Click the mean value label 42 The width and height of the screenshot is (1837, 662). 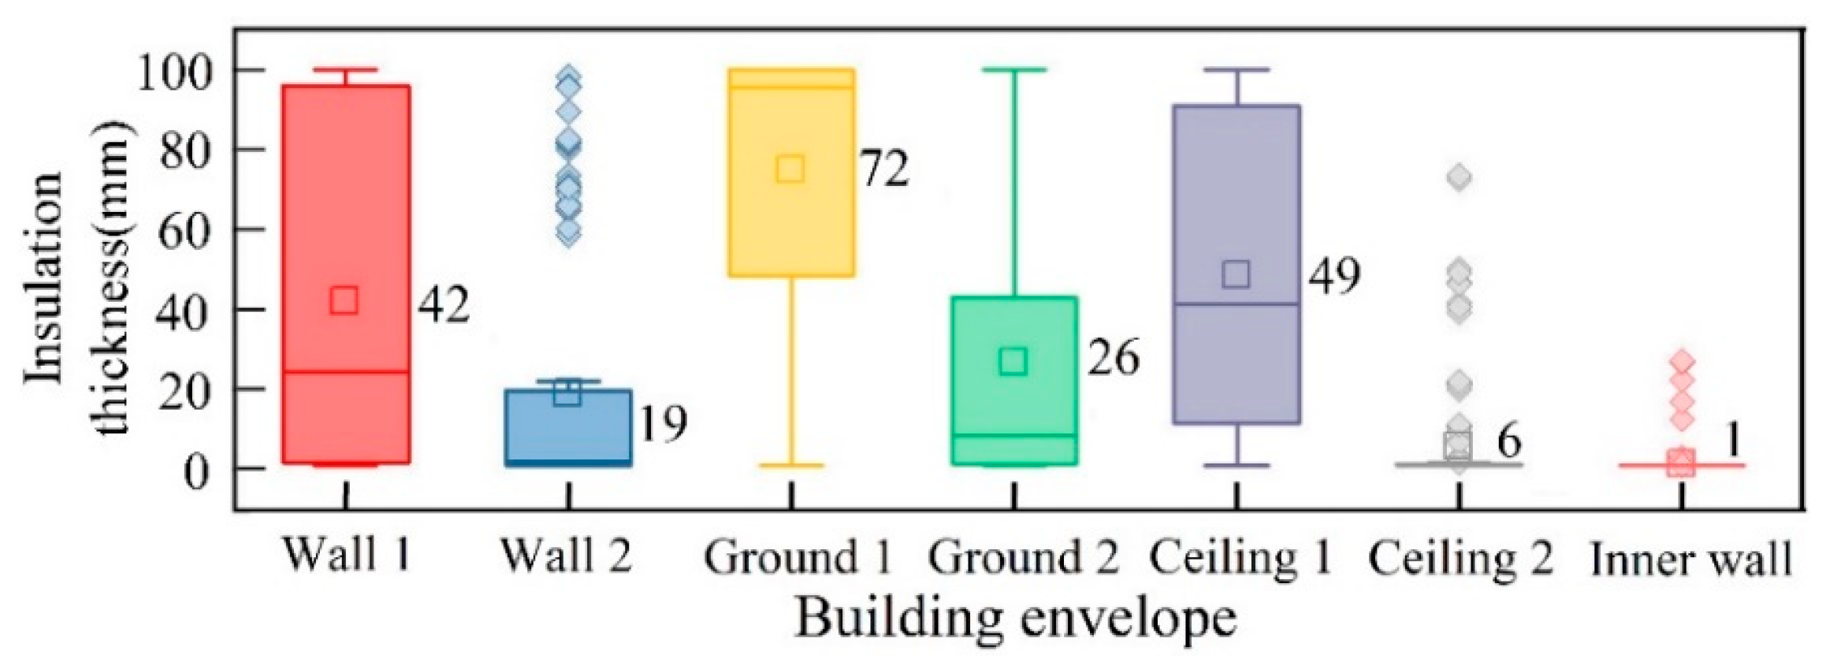pyautogui.click(x=444, y=304)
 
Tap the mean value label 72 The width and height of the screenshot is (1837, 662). pyautogui.click(x=884, y=169)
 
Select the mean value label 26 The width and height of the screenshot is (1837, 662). pyautogui.click(x=1113, y=359)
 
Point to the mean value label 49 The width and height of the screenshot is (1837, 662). pyautogui.click(x=1334, y=276)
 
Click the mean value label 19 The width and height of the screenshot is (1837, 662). pyautogui.click(x=662, y=424)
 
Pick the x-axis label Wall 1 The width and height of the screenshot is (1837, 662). pyautogui.click(x=346, y=555)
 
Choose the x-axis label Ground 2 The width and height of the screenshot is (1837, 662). pyautogui.click(x=1022, y=558)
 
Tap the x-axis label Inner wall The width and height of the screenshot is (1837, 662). pyautogui.click(x=1691, y=560)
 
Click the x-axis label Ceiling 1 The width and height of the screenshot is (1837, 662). pyautogui.click(x=1240, y=558)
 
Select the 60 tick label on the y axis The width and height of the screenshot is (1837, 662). pyautogui.click(x=185, y=231)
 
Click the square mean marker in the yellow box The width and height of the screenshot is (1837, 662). pyautogui.click(x=790, y=169)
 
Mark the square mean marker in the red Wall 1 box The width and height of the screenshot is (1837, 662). pyautogui.click(x=344, y=300)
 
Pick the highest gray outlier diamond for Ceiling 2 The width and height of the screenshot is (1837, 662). pyautogui.click(x=1459, y=177)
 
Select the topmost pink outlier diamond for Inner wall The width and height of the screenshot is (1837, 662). pyautogui.click(x=1682, y=362)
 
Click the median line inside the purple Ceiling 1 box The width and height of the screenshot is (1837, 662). pyautogui.click(x=1236, y=303)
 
